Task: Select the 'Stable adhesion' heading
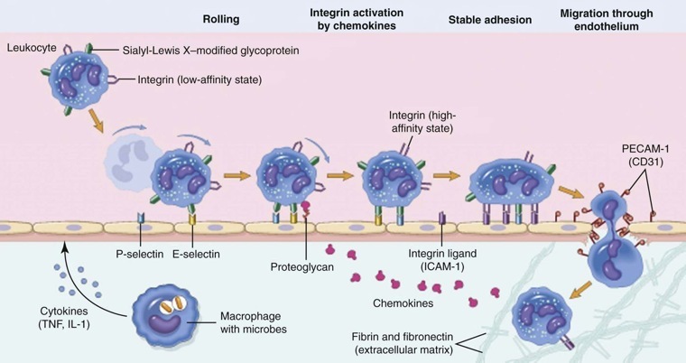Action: [x=489, y=17]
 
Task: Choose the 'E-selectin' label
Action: [x=198, y=255]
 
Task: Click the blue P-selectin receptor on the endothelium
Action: [x=141, y=219]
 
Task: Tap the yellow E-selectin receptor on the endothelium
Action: [x=190, y=219]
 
